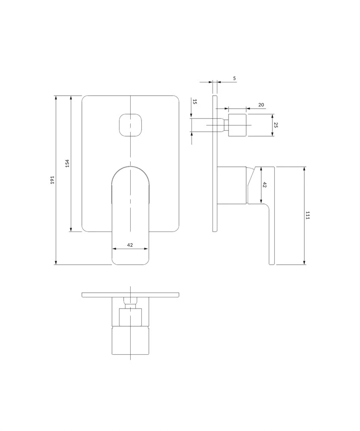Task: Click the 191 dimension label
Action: (x=53, y=180)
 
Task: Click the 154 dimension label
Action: (x=67, y=163)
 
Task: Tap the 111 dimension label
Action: (x=307, y=215)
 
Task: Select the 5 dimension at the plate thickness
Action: (x=234, y=78)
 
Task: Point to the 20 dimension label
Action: (x=261, y=105)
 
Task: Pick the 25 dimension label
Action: (x=276, y=125)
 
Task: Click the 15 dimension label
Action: (x=195, y=102)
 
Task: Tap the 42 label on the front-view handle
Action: (x=130, y=245)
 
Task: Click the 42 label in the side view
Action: (x=265, y=185)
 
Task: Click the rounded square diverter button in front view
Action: (x=130, y=125)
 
